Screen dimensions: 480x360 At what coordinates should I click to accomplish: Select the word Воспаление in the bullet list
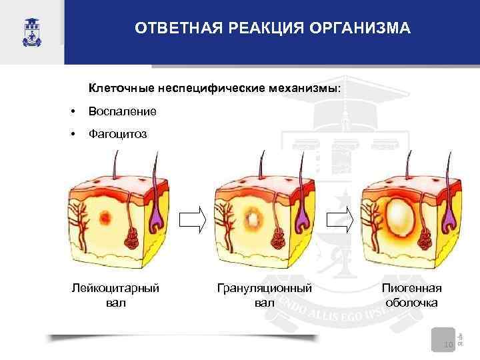pyautogui.click(x=123, y=111)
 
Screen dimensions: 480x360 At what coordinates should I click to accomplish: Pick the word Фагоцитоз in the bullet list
pyautogui.click(x=118, y=134)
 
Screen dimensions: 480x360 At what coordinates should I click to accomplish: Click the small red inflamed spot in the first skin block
pyautogui.click(x=106, y=217)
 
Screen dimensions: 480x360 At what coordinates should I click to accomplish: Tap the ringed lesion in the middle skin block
pyautogui.click(x=253, y=217)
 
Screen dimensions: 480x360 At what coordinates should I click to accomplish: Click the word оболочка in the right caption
pyautogui.click(x=412, y=302)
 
